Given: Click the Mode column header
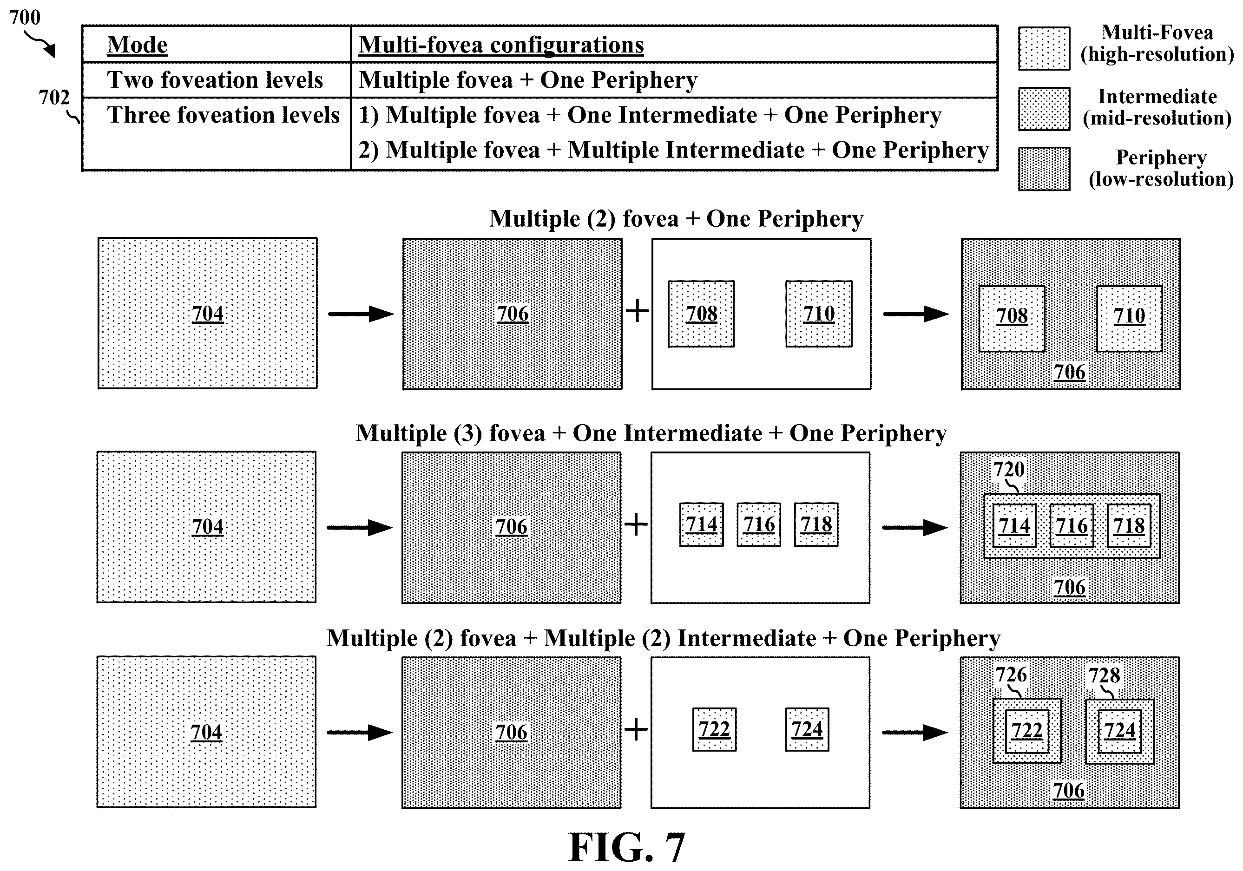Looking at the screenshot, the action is point(137,45).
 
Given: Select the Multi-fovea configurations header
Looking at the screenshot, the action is point(501,45).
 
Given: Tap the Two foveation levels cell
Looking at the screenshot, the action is point(215,79).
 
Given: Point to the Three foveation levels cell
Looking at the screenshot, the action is point(223,115).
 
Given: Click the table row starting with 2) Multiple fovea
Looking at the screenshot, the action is point(673,150).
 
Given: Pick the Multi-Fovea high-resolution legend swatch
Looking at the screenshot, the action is point(1044,49).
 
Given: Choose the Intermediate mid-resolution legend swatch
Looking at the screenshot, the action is point(1044,109).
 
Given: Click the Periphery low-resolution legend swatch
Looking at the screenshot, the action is point(1044,169).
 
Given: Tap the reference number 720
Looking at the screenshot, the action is point(1009,469).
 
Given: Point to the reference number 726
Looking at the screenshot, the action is point(1011,675).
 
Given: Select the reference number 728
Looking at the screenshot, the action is point(1105,675).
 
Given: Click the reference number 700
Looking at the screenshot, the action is point(25,17).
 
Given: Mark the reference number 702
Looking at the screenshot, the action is point(54,98).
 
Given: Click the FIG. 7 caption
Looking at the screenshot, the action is point(627,847).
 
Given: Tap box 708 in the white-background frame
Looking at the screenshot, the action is point(701,314).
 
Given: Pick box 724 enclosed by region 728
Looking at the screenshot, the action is point(1119,731).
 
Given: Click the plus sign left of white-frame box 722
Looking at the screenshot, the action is point(636,729).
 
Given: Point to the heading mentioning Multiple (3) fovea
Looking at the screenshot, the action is point(651,433).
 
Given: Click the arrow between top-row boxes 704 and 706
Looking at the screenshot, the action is point(361,314).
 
